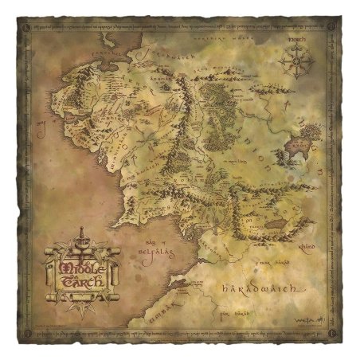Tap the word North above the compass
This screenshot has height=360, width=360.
(296, 40)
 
